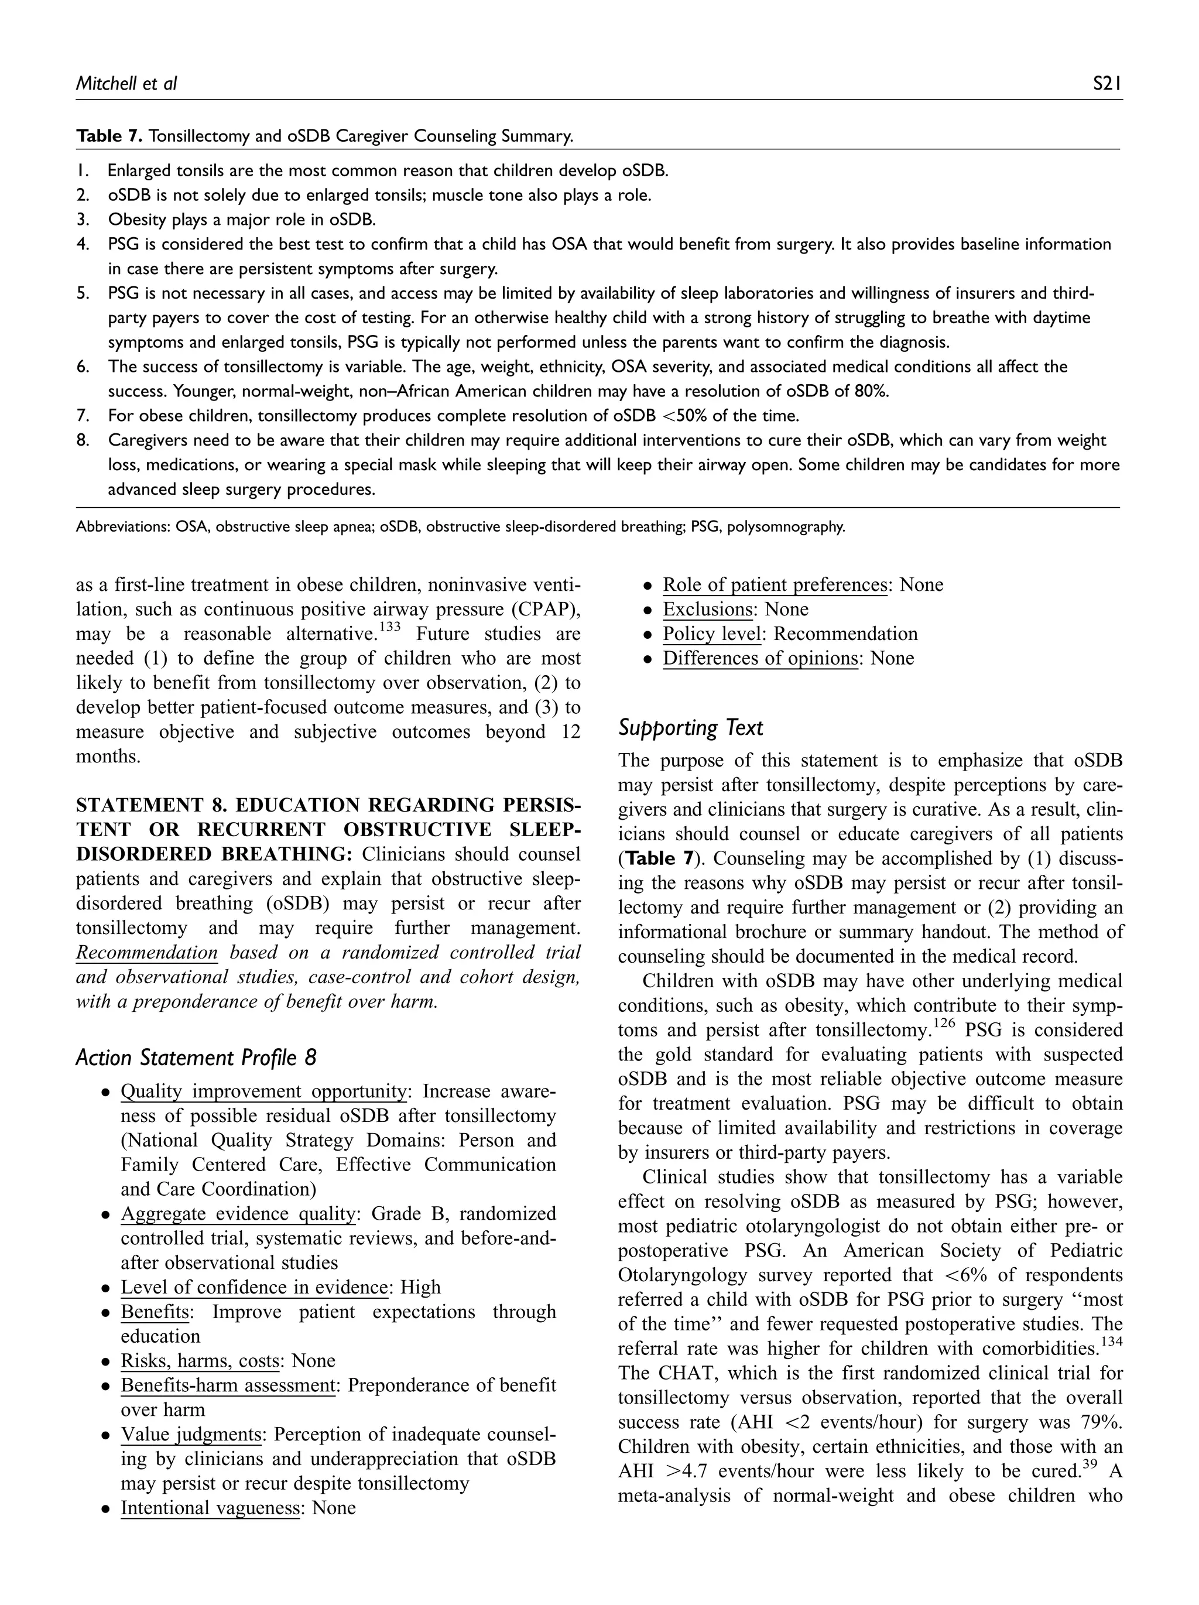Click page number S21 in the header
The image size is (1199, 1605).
pyautogui.click(x=1107, y=84)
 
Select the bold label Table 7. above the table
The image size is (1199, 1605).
pyautogui.click(x=109, y=136)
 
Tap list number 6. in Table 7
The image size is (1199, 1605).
pyautogui.click(x=83, y=367)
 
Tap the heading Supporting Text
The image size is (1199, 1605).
pyautogui.click(x=690, y=728)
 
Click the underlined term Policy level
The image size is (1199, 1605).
pyautogui.click(x=711, y=634)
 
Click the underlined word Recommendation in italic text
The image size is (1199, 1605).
pyautogui.click(x=146, y=952)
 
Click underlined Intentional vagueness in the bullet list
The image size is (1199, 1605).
pyautogui.click(x=210, y=1508)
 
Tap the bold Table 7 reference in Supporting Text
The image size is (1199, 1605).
pyautogui.click(x=659, y=858)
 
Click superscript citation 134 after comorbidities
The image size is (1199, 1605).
pyautogui.click(x=1111, y=1342)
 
